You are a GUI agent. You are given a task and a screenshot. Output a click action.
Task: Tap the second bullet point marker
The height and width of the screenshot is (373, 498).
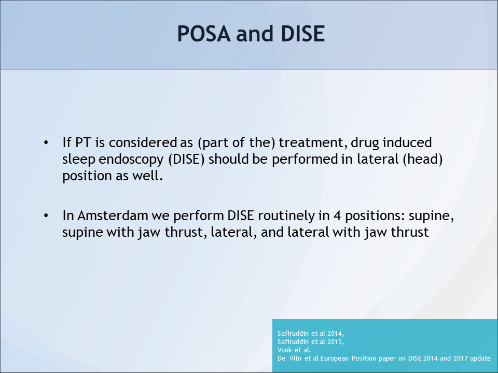coord(47,215)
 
